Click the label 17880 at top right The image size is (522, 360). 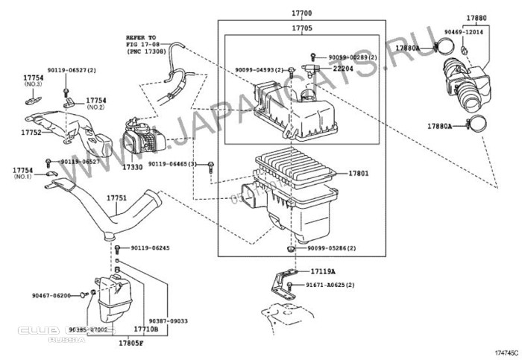pyautogui.click(x=477, y=16)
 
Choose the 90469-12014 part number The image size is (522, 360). pyautogui.click(x=470, y=33)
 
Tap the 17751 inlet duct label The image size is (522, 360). pyautogui.click(x=115, y=198)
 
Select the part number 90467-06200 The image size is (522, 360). pyautogui.click(x=52, y=295)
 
